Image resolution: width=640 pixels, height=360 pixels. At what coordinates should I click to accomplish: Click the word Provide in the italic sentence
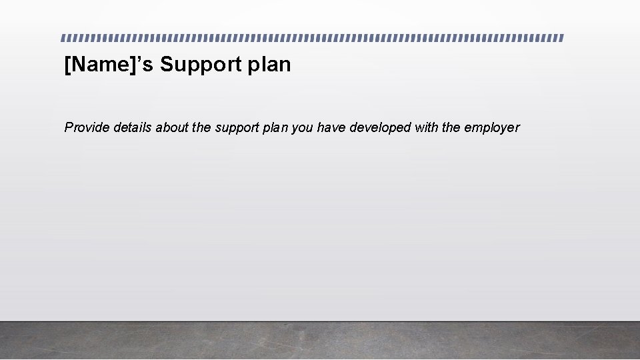[x=87, y=127]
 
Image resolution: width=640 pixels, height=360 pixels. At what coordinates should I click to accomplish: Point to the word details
[x=133, y=127]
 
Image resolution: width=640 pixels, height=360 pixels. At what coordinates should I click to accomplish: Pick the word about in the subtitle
[x=172, y=127]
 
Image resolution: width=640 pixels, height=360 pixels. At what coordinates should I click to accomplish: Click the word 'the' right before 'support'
[x=201, y=127]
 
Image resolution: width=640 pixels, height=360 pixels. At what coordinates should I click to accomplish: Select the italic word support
[x=237, y=128]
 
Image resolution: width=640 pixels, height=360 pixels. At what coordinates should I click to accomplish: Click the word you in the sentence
[x=303, y=128]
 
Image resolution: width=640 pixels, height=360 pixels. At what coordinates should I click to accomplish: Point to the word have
[x=331, y=127]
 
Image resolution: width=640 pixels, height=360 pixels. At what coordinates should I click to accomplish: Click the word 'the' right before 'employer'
[x=451, y=127]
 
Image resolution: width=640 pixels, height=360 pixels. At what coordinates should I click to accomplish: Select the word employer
[x=492, y=128]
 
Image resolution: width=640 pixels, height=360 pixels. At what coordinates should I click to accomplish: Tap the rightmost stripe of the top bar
[x=561, y=38]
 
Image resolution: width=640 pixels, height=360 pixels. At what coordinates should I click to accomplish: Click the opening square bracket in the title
[x=67, y=65]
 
